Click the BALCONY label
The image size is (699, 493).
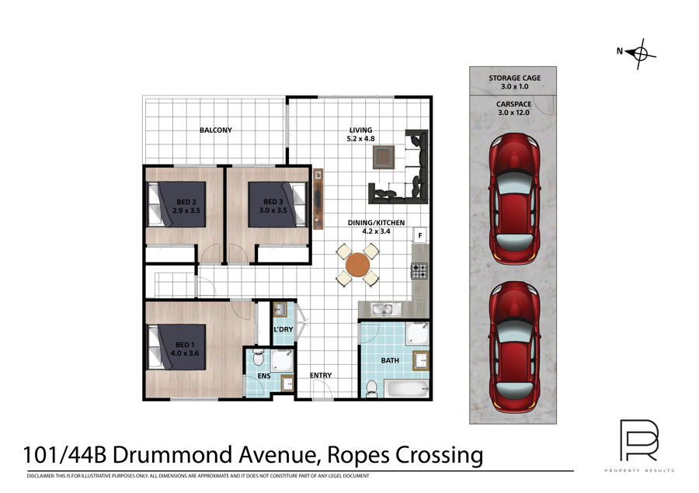pyautogui.click(x=216, y=130)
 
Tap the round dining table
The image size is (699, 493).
pyautogui.click(x=357, y=265)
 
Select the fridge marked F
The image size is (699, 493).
pyautogui.click(x=420, y=235)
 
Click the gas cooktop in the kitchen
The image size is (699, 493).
pyautogui.click(x=419, y=271)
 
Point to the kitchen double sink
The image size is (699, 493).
pyautogui.click(x=382, y=308)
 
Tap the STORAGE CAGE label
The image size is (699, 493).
pyautogui.click(x=514, y=78)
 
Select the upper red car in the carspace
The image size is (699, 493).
pyautogui.click(x=515, y=198)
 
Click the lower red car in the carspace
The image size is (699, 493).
pyautogui.click(x=515, y=347)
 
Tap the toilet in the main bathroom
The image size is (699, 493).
pyautogui.click(x=371, y=389)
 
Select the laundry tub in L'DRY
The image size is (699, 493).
pyautogui.click(x=280, y=310)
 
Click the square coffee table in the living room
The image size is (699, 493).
pyautogui.click(x=384, y=158)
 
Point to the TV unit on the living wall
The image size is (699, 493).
pyautogui.click(x=318, y=199)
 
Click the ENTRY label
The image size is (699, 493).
pyautogui.click(x=321, y=376)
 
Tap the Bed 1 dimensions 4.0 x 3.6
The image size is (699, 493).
pyautogui.click(x=185, y=353)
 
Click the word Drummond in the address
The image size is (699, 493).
pyautogui.click(x=173, y=455)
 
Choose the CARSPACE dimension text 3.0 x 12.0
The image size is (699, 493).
pyautogui.click(x=513, y=113)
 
